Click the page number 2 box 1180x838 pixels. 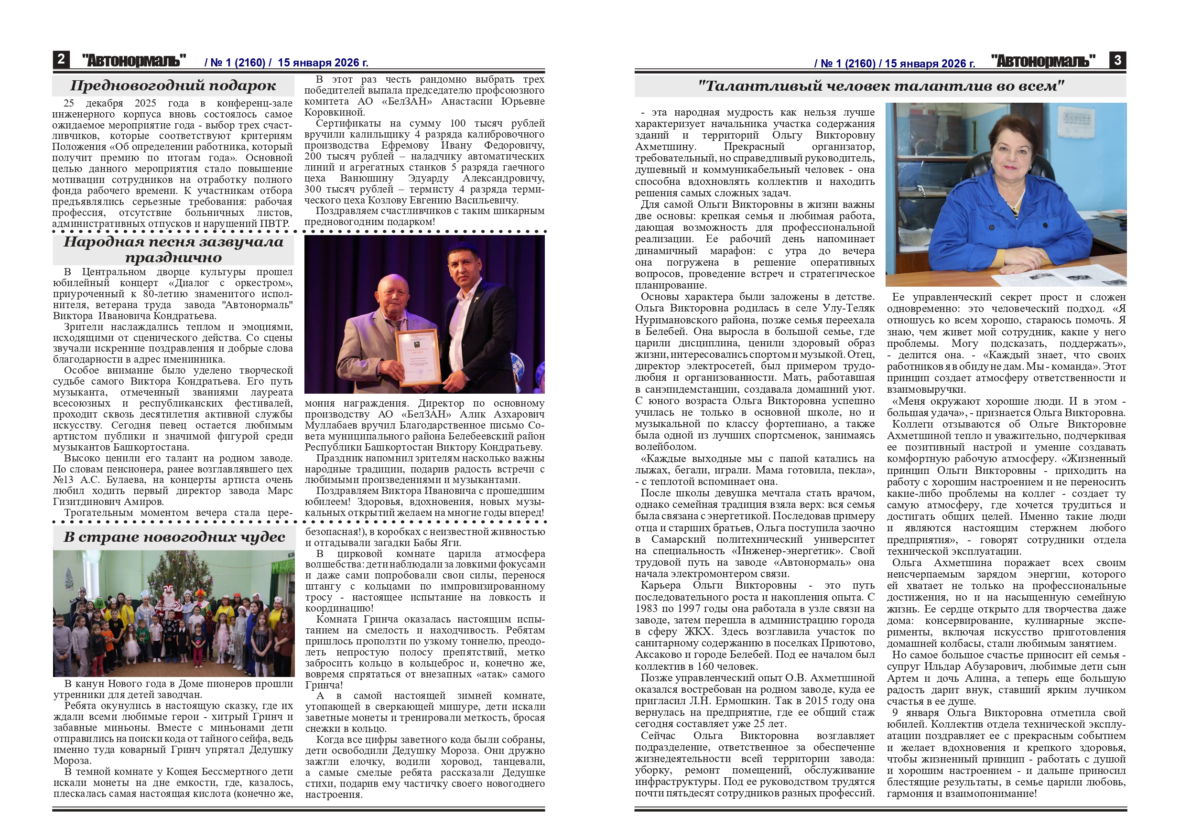click(x=60, y=59)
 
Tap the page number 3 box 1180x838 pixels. click(x=1117, y=60)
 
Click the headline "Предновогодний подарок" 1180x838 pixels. click(x=173, y=86)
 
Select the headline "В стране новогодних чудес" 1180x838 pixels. click(x=174, y=537)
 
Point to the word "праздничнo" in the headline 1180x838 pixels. click(x=173, y=258)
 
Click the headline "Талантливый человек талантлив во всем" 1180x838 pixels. click(x=881, y=86)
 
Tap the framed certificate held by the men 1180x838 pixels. click(x=418, y=357)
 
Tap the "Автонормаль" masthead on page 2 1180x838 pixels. click(x=134, y=61)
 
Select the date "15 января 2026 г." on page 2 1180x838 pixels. click(x=323, y=63)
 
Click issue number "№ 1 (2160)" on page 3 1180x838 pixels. click(x=847, y=64)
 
